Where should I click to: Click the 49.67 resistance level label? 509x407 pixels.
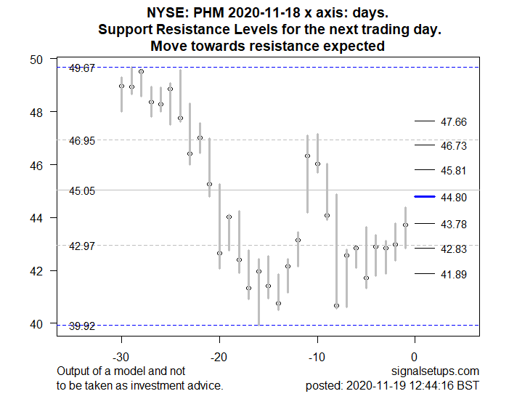(81, 68)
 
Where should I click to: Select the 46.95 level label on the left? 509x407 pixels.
(81, 140)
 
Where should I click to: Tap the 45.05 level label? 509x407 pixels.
(81, 191)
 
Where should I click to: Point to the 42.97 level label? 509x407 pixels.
(81, 246)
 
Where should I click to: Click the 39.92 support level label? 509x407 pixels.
(81, 326)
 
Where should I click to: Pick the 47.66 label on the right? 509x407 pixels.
(454, 122)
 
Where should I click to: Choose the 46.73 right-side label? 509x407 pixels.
(454, 146)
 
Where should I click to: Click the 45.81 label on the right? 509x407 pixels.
(454, 171)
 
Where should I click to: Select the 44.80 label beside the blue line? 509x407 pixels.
(454, 197)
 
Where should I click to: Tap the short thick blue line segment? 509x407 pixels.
(424, 196)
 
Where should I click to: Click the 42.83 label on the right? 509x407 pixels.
(454, 249)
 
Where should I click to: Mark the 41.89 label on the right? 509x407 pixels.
(454, 274)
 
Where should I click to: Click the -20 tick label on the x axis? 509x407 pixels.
(219, 356)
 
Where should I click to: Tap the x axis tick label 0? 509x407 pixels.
(414, 356)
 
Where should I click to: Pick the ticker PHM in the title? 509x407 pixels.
(219, 13)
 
